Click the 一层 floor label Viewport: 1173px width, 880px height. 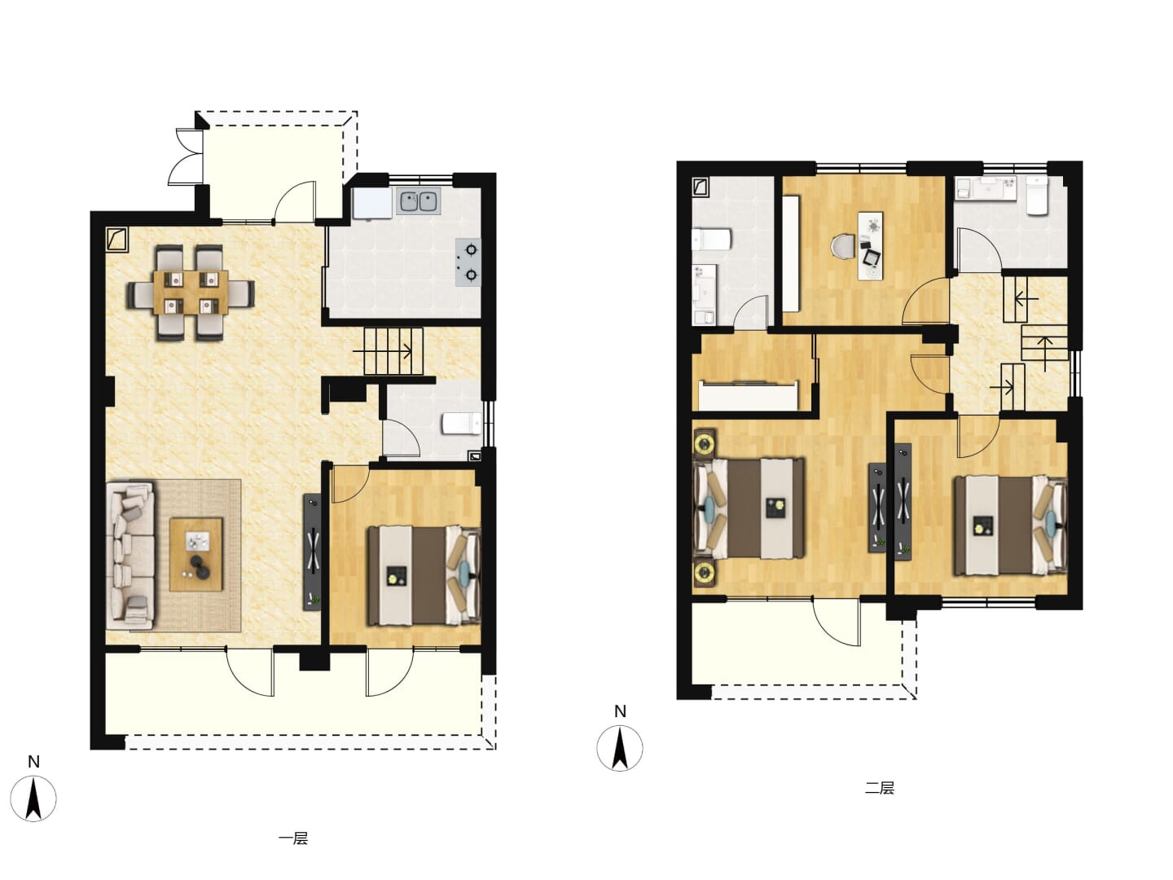[293, 838]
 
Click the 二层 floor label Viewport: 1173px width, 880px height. [879, 788]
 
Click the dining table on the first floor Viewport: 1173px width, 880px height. [191, 293]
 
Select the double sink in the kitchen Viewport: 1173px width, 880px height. [418, 202]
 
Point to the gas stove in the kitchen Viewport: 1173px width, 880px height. [468, 262]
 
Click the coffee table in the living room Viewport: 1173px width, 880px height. [196, 555]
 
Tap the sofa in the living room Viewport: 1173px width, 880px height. [130, 556]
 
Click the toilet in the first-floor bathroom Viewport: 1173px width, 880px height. [462, 424]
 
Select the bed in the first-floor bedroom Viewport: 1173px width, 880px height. [424, 575]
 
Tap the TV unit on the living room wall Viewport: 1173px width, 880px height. [313, 552]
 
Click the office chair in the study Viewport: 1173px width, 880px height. [843, 248]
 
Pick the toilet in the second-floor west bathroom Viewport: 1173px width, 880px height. [711, 240]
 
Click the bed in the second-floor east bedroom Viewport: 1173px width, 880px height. [1010, 526]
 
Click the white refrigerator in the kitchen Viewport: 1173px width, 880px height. [372, 203]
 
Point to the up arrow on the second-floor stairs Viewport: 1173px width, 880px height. [1045, 354]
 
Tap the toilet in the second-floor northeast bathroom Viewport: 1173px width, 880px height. [1037, 196]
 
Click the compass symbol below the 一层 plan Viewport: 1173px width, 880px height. [33, 799]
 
